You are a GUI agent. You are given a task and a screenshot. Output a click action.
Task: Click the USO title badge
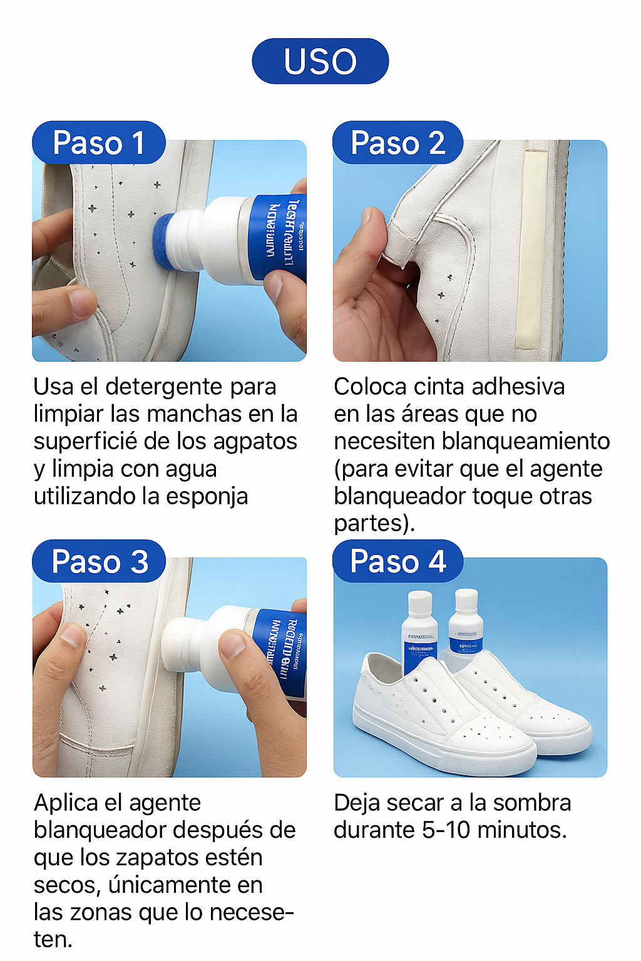[x=320, y=61]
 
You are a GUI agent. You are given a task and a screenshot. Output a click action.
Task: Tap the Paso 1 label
[x=99, y=143]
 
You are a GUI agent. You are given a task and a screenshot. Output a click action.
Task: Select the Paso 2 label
[x=397, y=143]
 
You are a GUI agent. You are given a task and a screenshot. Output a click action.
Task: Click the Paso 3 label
[x=99, y=561]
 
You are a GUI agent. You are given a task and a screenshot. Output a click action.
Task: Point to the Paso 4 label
[x=397, y=561]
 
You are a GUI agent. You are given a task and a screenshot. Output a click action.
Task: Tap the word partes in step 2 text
[x=371, y=524]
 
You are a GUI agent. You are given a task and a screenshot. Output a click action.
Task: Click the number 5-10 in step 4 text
[x=446, y=830]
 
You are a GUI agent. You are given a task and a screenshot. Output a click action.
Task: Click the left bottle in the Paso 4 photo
[x=419, y=632]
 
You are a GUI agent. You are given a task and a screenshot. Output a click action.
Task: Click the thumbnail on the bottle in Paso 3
[x=234, y=644]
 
